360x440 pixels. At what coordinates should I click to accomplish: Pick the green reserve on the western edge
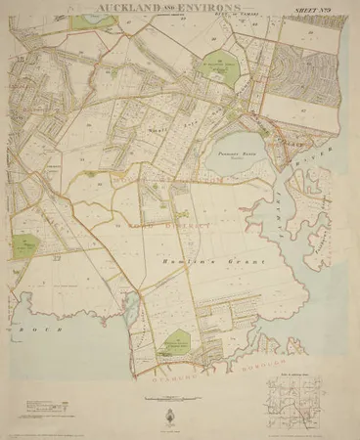point(22,242)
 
